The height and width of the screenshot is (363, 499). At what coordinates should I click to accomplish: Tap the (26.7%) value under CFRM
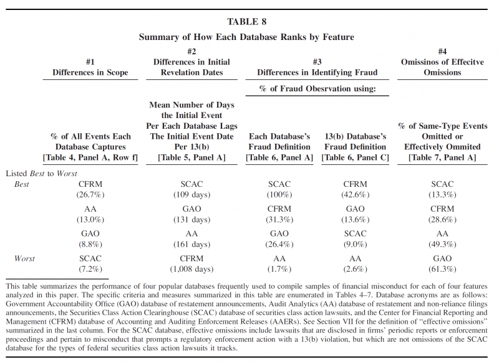tap(90, 195)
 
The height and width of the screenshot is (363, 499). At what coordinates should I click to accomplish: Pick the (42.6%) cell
tap(355, 195)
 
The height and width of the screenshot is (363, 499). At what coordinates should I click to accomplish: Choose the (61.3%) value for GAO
tap(442, 269)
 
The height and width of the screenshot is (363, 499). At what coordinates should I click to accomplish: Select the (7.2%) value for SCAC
tap(90, 269)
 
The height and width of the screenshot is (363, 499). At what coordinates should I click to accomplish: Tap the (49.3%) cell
tap(442, 244)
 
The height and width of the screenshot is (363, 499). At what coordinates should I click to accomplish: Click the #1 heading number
tap(90, 62)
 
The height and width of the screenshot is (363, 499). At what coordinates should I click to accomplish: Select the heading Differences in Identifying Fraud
tap(317, 72)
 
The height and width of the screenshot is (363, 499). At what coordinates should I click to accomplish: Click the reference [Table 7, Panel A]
tap(442, 158)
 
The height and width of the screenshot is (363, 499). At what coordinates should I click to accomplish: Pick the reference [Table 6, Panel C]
tap(355, 158)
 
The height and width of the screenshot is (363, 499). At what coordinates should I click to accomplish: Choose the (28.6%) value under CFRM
tap(442, 219)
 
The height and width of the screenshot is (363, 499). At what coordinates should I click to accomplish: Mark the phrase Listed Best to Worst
tap(42, 172)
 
